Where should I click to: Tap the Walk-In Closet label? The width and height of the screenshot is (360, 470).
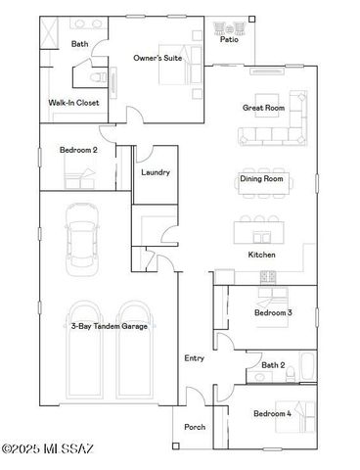click(70, 102)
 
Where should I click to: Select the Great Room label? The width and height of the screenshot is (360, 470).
click(262, 108)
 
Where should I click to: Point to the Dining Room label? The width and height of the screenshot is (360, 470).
click(261, 179)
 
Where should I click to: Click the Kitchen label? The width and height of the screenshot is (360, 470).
click(261, 255)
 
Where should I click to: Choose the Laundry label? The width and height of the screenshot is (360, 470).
click(156, 172)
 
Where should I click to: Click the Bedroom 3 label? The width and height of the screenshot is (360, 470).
click(273, 312)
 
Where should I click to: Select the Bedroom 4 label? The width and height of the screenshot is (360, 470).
click(273, 414)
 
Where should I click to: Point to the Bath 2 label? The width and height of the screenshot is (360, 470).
click(273, 365)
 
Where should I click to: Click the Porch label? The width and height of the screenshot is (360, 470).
click(195, 427)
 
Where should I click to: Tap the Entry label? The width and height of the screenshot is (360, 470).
click(195, 358)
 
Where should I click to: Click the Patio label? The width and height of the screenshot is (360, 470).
click(229, 40)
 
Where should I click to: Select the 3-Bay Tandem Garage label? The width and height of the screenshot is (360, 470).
click(107, 326)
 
